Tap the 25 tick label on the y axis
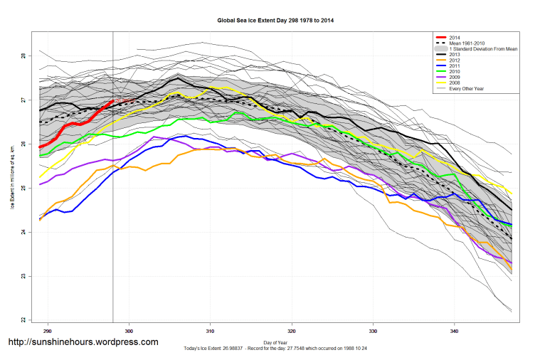pyautogui.click(x=23, y=188)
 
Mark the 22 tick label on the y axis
pyautogui.click(x=23, y=319)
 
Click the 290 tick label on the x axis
pyautogui.click(x=48, y=331)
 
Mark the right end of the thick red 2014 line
pyautogui.click(x=112, y=101)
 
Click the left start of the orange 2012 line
pyautogui.click(x=40, y=220)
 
